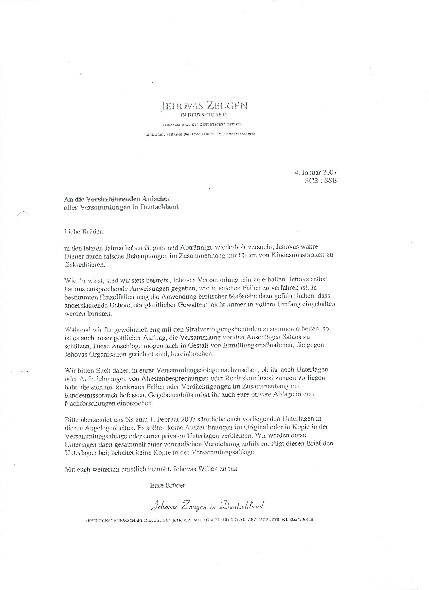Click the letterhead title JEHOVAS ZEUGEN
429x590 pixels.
pyautogui.click(x=204, y=106)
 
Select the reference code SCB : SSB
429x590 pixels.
pyautogui.click(x=321, y=180)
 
